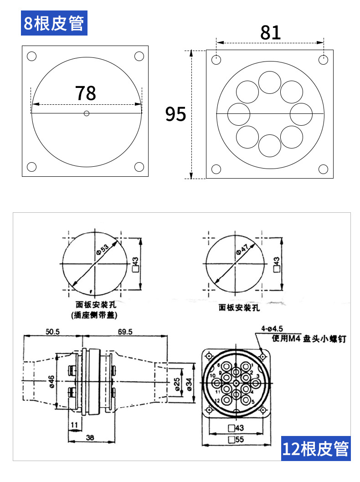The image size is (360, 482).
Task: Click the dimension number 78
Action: (86, 93)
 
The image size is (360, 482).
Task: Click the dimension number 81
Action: (270, 33)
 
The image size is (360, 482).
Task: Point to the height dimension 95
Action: (175, 114)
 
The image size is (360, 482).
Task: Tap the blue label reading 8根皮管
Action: (54, 23)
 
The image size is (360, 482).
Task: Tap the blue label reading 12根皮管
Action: (316, 449)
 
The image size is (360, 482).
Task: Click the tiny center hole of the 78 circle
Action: (87, 113)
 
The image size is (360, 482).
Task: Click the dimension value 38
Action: (89, 438)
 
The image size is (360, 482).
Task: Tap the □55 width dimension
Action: (237, 440)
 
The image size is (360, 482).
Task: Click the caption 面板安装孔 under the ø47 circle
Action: (239, 308)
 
